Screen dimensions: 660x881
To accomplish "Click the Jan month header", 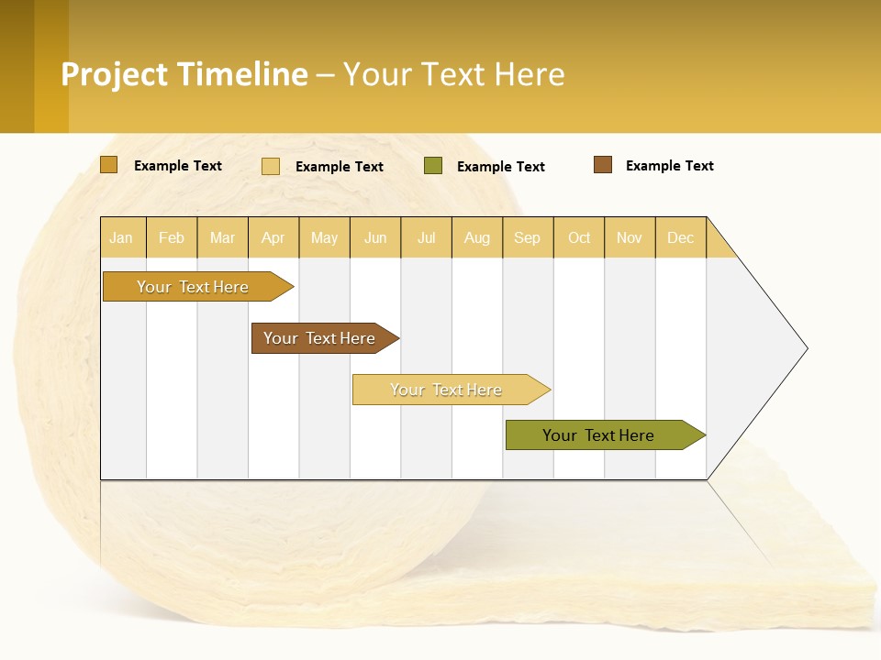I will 122,237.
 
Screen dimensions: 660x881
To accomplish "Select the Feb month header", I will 172,237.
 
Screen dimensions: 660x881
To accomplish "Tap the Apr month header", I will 273,237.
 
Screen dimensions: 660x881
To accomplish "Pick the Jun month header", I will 375,237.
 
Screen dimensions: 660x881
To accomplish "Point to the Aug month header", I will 476,237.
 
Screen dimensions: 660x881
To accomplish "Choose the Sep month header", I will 527,237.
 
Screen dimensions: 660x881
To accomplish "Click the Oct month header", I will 579,237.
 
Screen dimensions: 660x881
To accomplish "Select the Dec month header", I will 680,237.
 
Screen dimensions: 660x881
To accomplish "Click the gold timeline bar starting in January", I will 193,287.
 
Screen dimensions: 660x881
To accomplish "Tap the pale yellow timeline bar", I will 447,390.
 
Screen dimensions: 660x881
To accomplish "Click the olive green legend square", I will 433,166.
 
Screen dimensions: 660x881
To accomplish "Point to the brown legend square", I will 603,165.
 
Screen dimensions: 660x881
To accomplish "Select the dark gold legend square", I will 109,165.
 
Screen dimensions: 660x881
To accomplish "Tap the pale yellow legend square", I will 271,166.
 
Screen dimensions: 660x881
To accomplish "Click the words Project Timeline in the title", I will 184,74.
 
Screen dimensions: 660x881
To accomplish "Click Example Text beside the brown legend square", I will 669,166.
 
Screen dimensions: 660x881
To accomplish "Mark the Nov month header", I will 630,237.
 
